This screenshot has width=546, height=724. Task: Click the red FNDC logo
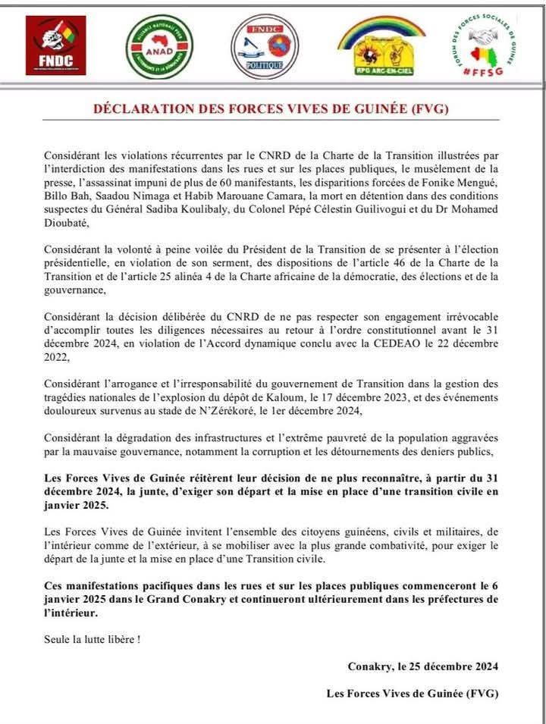coord(55,46)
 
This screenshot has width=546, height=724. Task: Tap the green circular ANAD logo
coord(159,46)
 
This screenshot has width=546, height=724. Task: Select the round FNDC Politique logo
coord(265,46)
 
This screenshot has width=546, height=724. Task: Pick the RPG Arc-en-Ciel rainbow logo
coord(381,46)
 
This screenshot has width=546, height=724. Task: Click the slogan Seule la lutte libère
coord(92,638)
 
